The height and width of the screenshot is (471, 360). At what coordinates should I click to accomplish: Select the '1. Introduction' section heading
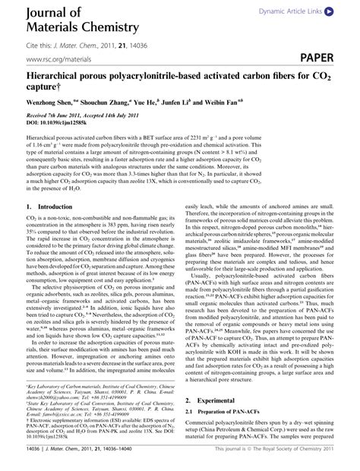click(48, 207)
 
